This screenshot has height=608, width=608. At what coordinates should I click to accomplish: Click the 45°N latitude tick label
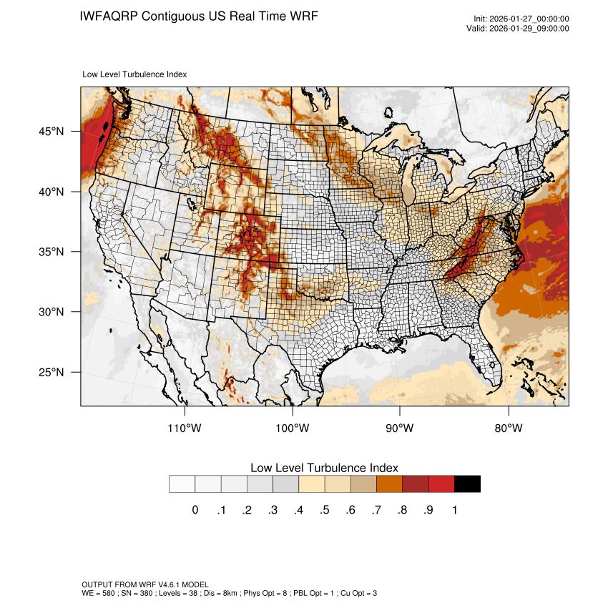[52, 132]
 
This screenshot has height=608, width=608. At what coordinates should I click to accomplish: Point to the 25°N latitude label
[52, 372]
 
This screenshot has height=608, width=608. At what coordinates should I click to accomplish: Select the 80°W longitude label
[509, 428]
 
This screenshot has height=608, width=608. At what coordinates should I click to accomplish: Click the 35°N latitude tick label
[52, 252]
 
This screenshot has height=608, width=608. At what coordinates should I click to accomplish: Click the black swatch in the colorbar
[467, 484]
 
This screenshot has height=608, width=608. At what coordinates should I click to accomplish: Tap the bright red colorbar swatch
[441, 484]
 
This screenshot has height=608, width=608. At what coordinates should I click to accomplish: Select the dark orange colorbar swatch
[390, 484]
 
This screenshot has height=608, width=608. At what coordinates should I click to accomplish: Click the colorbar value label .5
[324, 510]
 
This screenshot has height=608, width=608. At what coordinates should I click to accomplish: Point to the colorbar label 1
[454, 510]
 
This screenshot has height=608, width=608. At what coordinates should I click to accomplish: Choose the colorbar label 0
[195, 510]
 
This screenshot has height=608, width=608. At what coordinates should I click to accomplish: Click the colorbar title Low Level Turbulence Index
[324, 468]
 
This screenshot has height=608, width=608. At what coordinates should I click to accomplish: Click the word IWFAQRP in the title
[109, 16]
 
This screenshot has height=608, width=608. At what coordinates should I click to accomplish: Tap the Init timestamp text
[521, 19]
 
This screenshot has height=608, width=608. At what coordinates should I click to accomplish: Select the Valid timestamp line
[521, 29]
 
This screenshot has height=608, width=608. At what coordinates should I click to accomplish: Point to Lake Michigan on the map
[409, 187]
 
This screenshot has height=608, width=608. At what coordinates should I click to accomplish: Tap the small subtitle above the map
[135, 74]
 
